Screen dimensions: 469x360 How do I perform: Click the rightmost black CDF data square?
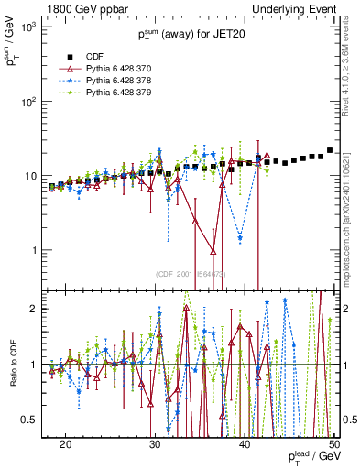point(330,150)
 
